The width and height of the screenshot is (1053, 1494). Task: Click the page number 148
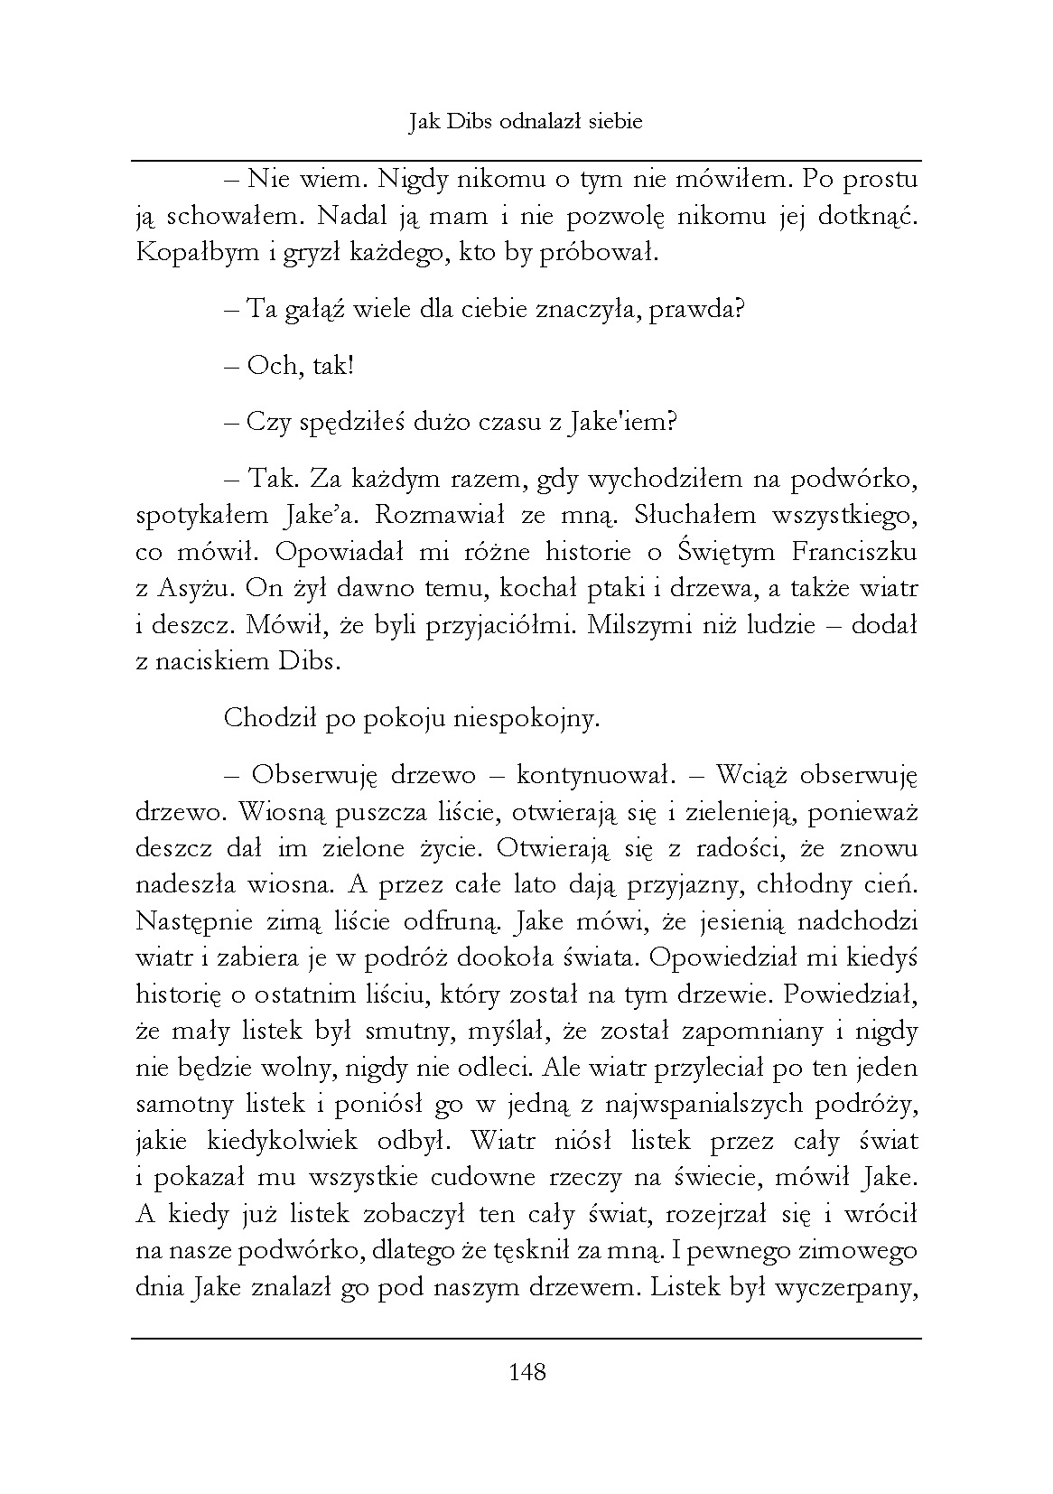click(527, 1373)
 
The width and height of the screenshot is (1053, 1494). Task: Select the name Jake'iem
click(625, 422)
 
